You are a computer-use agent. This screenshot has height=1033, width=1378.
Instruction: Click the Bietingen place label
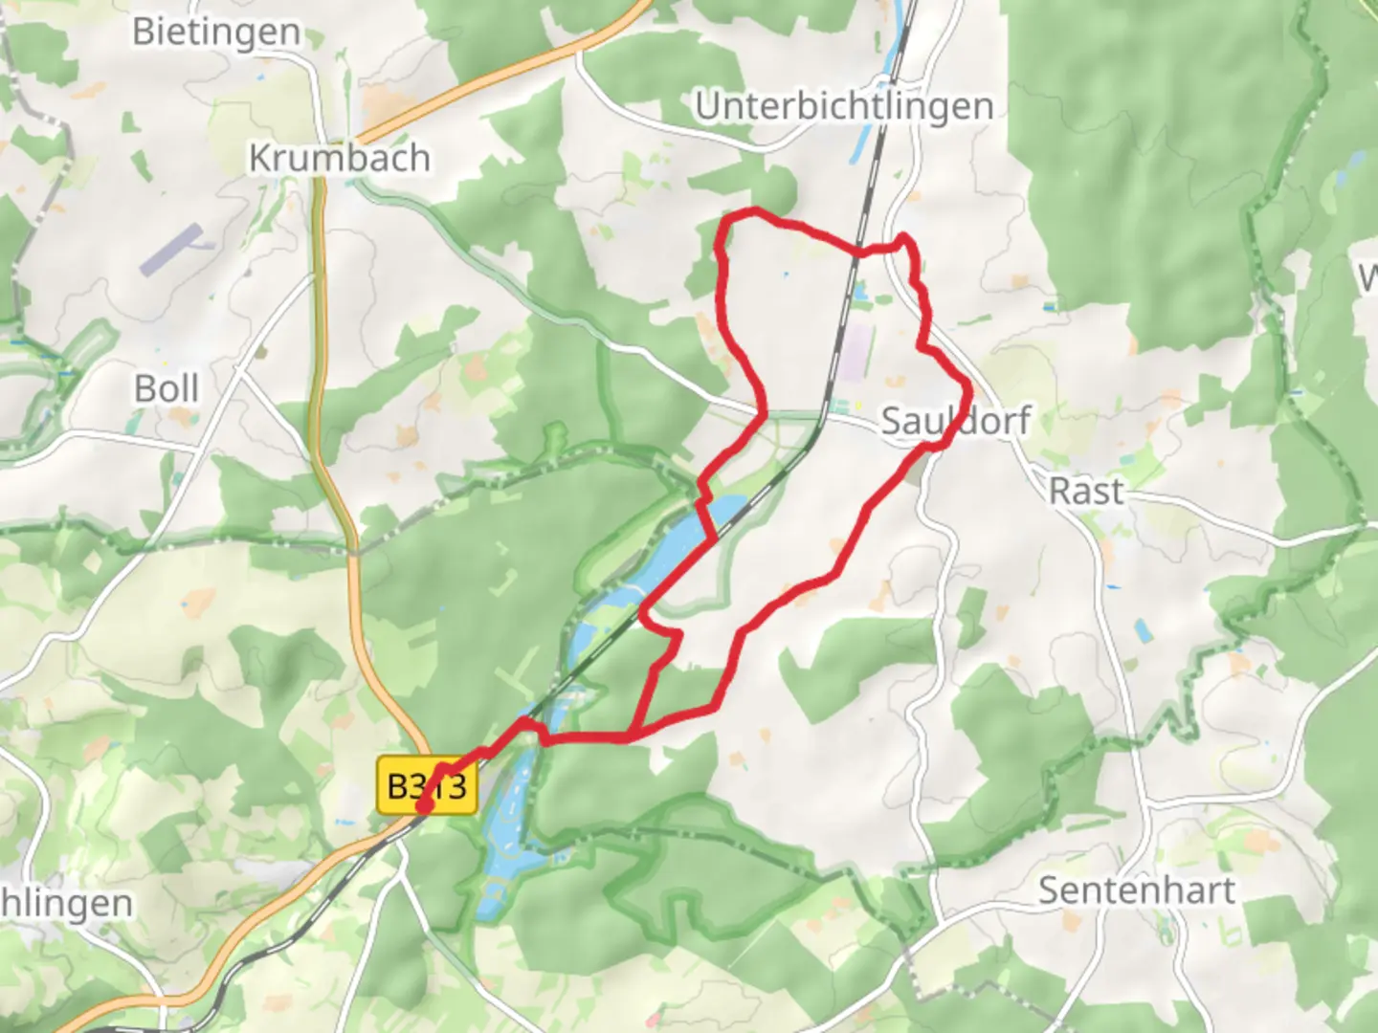click(x=216, y=32)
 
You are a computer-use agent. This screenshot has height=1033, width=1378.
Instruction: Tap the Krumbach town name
click(x=339, y=158)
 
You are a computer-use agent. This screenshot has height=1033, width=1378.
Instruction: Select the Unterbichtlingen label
click(x=844, y=106)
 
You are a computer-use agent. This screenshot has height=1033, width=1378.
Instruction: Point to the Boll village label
click(x=167, y=389)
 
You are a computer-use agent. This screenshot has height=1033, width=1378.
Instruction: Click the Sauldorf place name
click(x=955, y=421)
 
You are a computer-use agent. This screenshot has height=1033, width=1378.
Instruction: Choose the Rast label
click(x=1086, y=492)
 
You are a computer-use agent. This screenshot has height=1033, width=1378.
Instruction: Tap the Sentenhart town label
click(x=1137, y=890)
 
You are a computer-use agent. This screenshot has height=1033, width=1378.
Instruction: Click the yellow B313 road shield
click(x=427, y=786)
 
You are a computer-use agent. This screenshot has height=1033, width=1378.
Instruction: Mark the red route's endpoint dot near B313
click(x=422, y=809)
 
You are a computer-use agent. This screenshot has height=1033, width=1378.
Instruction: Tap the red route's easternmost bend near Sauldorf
click(x=970, y=389)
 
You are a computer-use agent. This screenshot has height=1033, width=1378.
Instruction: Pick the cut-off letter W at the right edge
click(x=1368, y=278)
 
